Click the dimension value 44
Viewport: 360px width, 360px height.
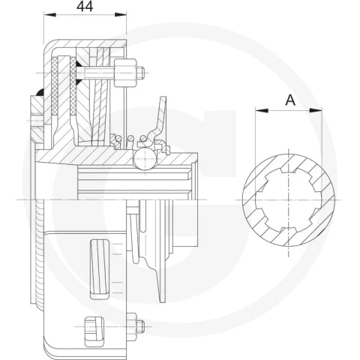tap(85, 7)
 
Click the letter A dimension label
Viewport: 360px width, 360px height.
tap(290, 100)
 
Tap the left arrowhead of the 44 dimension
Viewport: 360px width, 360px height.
tap(49, 15)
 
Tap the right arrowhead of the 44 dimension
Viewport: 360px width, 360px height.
tap(121, 15)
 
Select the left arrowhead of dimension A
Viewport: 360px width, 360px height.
tap(262, 110)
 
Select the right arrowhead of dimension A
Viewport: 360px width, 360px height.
tap(316, 110)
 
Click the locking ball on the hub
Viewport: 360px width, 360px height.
tap(145, 159)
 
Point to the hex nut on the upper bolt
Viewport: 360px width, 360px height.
tap(125, 73)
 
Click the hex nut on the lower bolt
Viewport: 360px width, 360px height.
tap(131, 326)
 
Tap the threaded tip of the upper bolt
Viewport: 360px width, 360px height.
tap(141, 73)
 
